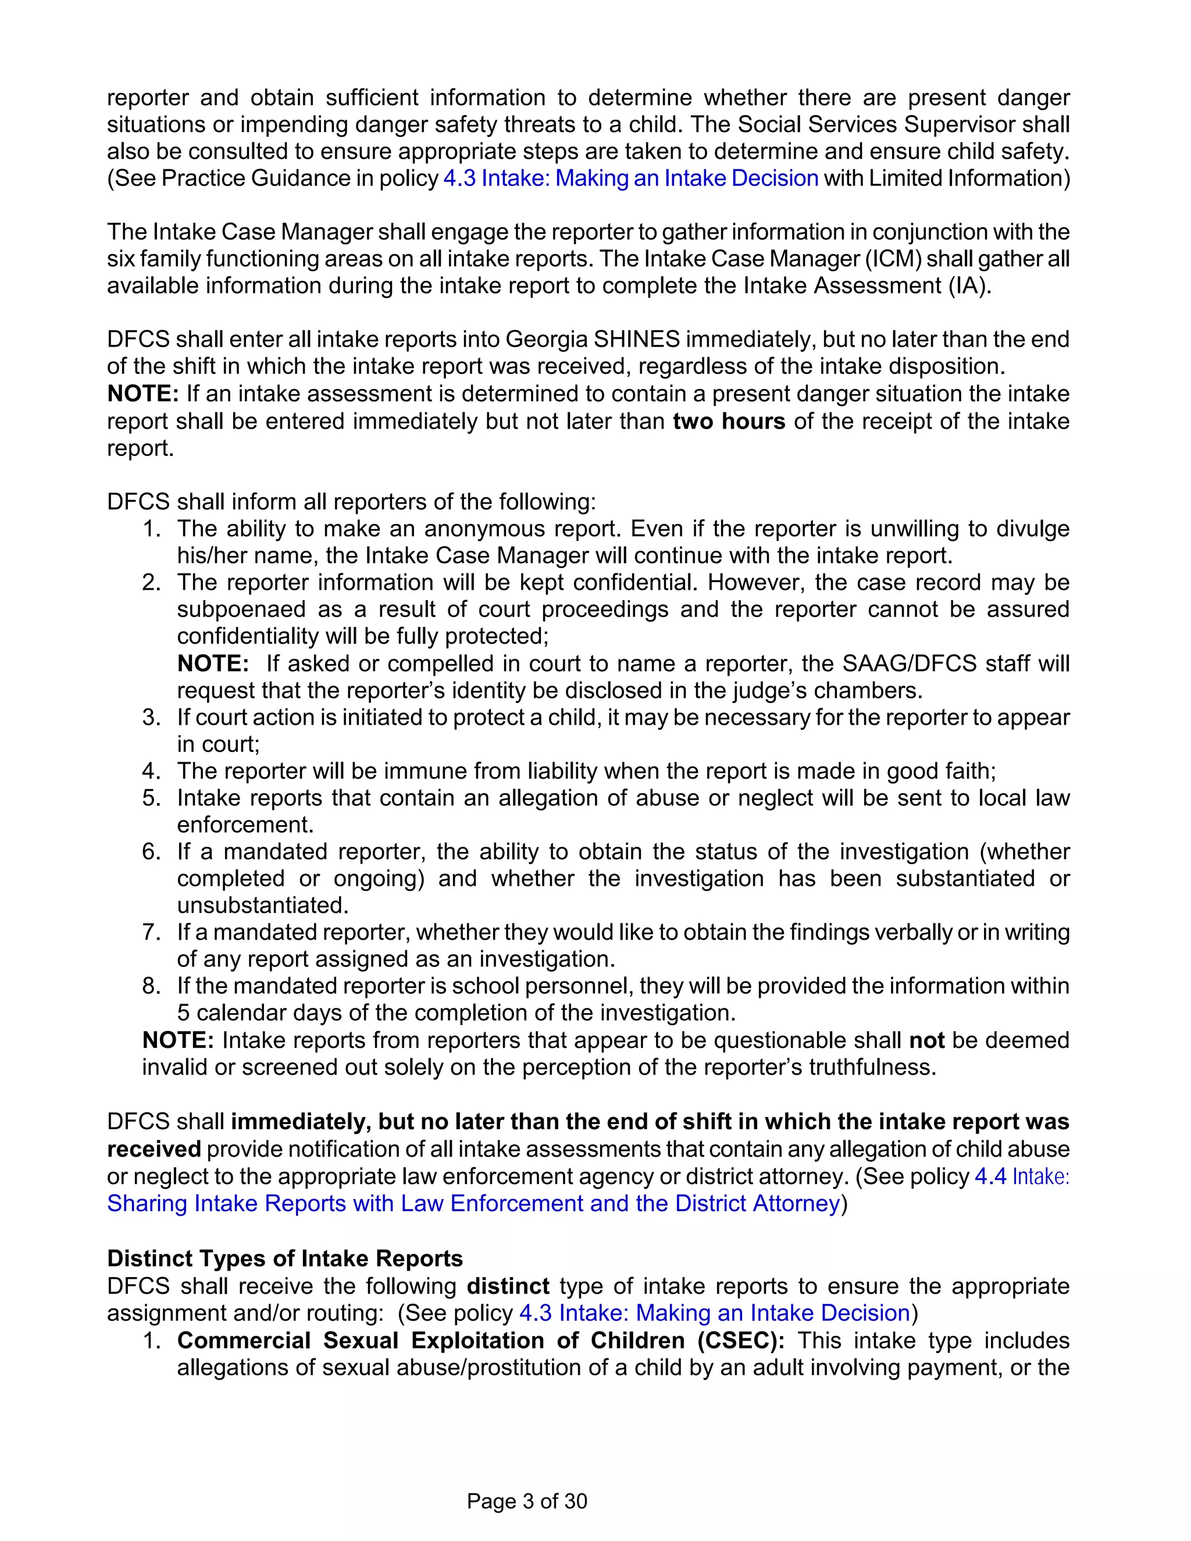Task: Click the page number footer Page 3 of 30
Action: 526,1501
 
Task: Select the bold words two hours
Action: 729,421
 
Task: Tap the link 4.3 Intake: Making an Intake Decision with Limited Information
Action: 630,178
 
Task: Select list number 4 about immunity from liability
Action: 151,770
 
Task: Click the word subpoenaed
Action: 242,609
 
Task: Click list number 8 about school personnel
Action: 151,986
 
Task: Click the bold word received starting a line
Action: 154,1148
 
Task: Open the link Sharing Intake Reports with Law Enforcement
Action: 473,1203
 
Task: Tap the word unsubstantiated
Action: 262,905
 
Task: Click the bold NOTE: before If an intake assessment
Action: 142,394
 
